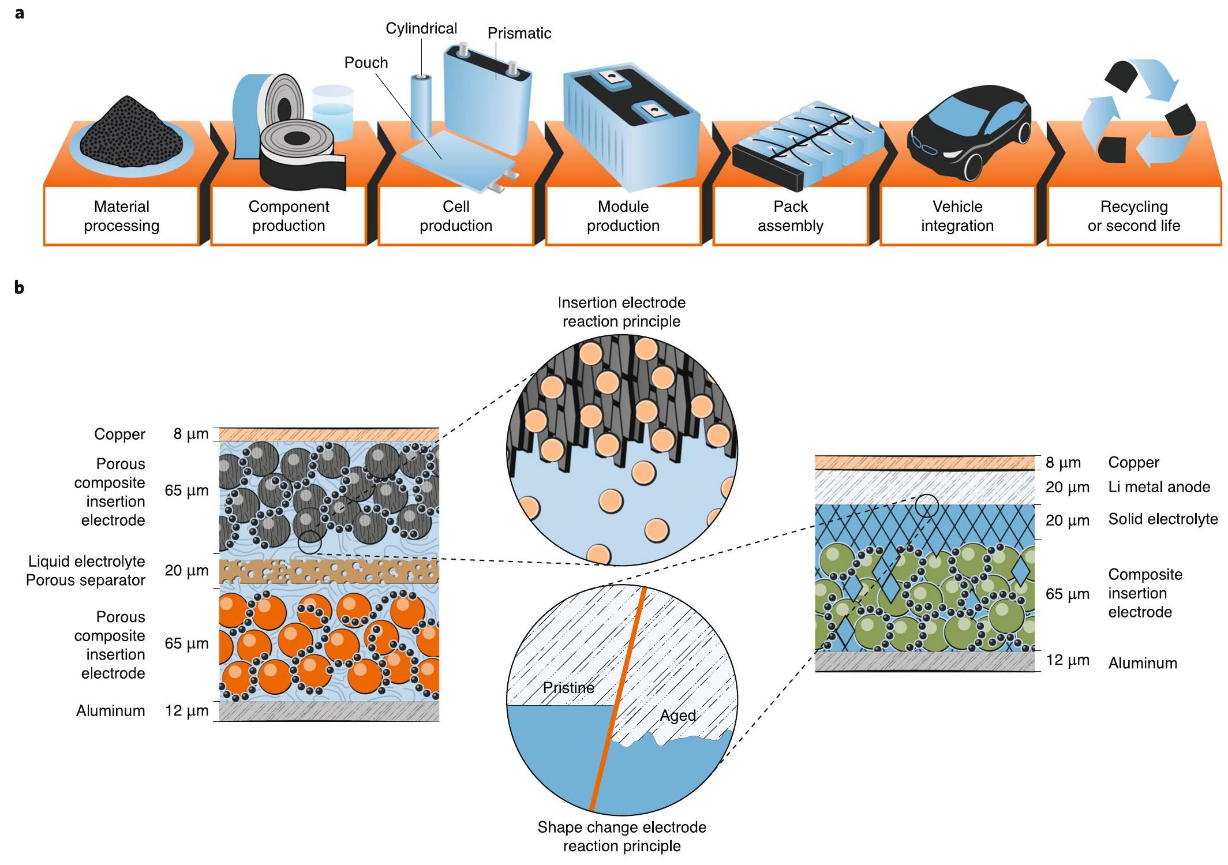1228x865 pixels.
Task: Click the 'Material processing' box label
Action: click(121, 216)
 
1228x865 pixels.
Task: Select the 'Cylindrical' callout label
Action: click(421, 28)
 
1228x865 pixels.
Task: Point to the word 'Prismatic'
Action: click(519, 33)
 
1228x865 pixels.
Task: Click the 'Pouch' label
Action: click(366, 62)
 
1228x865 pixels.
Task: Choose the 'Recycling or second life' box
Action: click(1133, 216)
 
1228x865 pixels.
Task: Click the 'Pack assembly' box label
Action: click(790, 216)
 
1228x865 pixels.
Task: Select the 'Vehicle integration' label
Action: click(957, 216)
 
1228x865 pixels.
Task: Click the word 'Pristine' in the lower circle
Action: click(568, 688)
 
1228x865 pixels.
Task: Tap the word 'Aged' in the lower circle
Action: click(677, 716)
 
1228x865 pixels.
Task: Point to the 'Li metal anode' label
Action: click(1159, 487)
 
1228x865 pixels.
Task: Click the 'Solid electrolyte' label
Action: click(1163, 519)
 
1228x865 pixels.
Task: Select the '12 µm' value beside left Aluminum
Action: click(186, 710)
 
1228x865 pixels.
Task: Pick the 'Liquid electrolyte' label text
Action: click(87, 561)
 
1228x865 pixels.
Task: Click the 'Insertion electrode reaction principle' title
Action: click(622, 312)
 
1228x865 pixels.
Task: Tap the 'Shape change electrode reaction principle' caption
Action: click(622, 836)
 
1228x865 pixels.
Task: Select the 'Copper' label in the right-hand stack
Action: click(1133, 462)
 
